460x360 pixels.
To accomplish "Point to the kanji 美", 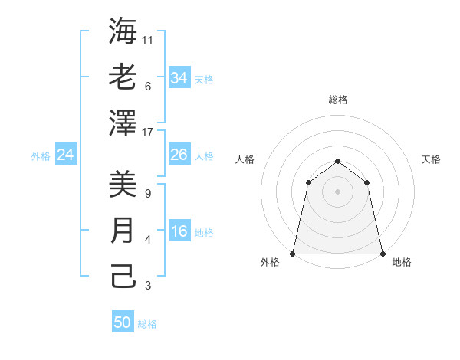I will point(123,184).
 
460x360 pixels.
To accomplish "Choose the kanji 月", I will point(123,231).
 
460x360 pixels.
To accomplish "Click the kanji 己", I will point(123,276).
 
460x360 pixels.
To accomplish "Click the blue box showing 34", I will point(179,78).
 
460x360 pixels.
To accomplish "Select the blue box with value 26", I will point(179,155).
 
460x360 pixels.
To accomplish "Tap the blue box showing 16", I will point(179,232).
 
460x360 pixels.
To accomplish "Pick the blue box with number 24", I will point(65,155).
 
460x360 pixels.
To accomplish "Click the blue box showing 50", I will point(123,322).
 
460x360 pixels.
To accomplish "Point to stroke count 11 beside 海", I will point(148,40).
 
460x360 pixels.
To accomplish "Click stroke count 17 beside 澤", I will point(148,132).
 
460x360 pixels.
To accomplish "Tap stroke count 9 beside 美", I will point(147,193).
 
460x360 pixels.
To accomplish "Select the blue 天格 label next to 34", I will point(204,80).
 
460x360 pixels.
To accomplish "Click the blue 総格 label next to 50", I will point(147,324).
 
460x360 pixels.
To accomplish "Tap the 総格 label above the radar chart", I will point(337,100).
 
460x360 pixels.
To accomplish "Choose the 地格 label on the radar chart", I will point(402,263).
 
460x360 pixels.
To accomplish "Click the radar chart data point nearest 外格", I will point(293,253).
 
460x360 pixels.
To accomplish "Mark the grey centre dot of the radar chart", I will point(337,191).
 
